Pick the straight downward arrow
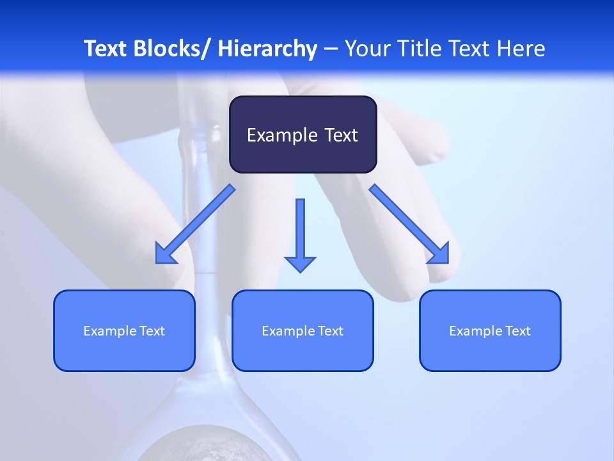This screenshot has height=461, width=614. tap(300, 234)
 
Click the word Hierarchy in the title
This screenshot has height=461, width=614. tap(267, 49)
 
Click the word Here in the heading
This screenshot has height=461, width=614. tap(521, 49)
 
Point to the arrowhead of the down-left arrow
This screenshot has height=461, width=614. tap(165, 255)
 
